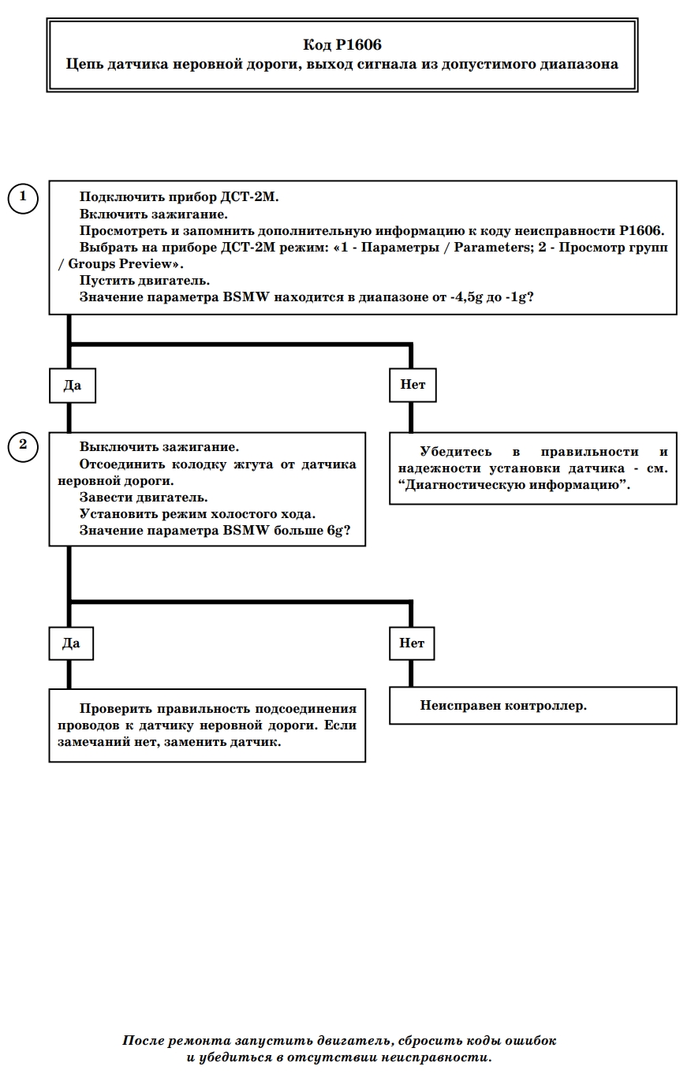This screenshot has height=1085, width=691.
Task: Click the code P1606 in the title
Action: click(359, 45)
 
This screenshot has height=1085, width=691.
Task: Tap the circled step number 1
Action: click(23, 198)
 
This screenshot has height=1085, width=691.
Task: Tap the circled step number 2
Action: click(23, 446)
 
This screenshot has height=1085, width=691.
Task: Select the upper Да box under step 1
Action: click(73, 386)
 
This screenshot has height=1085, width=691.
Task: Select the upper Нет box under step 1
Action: click(413, 385)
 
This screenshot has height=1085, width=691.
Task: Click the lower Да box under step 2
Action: click(71, 643)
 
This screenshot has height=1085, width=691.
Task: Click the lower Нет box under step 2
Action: click(412, 643)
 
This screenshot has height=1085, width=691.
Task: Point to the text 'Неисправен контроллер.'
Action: click(503, 706)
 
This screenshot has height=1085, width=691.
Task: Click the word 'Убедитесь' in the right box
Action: click(456, 452)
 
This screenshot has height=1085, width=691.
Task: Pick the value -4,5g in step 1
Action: click(467, 297)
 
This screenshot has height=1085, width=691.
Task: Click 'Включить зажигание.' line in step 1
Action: click(154, 214)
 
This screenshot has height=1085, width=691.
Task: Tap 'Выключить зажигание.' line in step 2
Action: click(159, 446)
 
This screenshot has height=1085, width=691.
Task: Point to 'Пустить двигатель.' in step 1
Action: click(144, 281)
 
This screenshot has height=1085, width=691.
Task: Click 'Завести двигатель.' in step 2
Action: click(144, 498)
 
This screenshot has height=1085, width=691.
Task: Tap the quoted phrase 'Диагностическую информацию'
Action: click(514, 485)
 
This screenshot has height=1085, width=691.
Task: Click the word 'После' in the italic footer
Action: click(143, 1040)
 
